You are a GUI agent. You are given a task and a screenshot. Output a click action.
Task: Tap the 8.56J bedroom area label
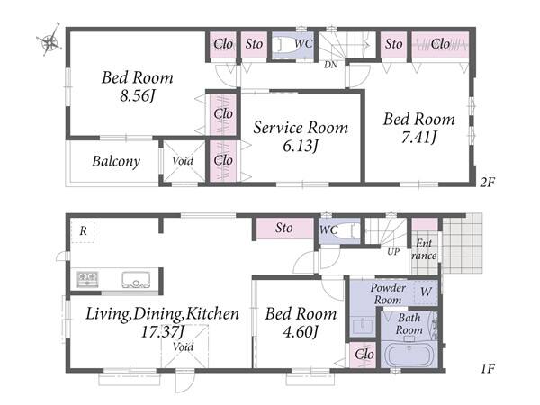coord(137,96)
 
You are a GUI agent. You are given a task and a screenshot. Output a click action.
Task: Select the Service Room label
coord(301,128)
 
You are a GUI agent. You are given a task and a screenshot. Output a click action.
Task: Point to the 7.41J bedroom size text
coord(419,138)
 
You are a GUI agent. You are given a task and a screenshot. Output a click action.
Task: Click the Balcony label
coord(116,161)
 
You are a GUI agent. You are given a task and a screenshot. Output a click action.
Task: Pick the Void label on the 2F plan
coord(183,160)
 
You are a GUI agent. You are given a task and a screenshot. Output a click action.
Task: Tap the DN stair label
coord(330,65)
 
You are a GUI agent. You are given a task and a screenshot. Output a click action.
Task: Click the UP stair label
coord(393,251)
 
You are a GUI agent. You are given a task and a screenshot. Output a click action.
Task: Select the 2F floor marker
coord(488,182)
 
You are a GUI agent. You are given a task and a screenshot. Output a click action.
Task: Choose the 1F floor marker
coord(488,369)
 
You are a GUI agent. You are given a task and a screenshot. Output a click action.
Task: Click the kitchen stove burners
coord(87,279)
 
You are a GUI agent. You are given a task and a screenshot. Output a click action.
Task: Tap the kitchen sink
coord(136,280)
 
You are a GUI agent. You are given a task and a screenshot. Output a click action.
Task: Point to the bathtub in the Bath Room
coord(409,355)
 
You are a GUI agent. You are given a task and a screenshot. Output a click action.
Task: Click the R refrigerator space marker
coord(83,230)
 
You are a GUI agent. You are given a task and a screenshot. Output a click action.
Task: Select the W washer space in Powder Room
coord(426,292)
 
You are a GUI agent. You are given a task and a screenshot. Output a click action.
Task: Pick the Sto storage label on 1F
coord(284,228)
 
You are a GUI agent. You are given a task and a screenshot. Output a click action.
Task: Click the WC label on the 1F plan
coord(328,229)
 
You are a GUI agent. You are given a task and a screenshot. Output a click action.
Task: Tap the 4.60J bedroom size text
coord(301,331)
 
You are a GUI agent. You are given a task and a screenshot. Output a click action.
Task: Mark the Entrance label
coord(424,249)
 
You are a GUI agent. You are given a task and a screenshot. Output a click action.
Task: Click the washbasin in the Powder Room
coord(363,326)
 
